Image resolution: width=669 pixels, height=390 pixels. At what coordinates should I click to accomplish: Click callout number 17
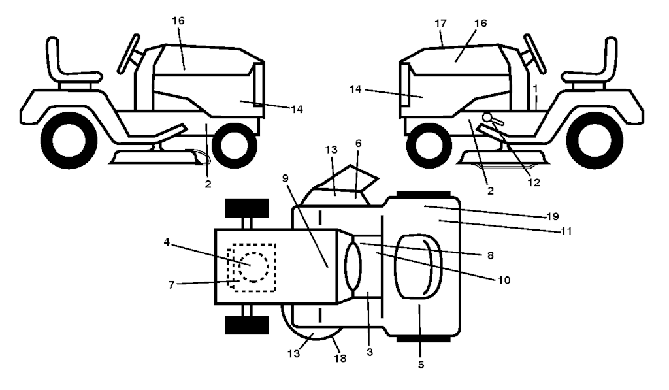point(441,24)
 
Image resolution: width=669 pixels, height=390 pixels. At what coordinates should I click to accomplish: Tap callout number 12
point(534,183)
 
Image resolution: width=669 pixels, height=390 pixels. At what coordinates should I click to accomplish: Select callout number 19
point(553,216)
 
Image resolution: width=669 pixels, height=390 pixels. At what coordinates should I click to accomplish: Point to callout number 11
point(566,231)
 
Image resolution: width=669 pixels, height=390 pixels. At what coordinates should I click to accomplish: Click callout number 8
point(490,255)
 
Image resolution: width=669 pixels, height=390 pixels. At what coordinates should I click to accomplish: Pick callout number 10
point(504,280)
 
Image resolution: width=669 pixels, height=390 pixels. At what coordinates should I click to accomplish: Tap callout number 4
point(167,242)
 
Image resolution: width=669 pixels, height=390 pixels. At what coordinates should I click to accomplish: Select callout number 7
point(171,285)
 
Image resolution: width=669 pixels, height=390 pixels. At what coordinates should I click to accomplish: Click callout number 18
point(340,359)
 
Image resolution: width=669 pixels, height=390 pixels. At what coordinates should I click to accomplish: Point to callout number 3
point(370,353)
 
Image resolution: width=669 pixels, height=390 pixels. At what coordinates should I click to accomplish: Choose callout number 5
point(421,365)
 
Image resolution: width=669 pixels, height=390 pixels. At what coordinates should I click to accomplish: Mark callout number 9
point(286,178)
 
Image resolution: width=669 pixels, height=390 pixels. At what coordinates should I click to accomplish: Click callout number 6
point(359,143)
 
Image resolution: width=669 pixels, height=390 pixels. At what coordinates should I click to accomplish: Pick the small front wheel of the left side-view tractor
point(235,144)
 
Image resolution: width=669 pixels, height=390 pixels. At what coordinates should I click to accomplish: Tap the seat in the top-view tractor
point(419,267)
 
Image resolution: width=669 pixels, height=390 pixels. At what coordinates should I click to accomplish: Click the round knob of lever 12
point(487,116)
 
